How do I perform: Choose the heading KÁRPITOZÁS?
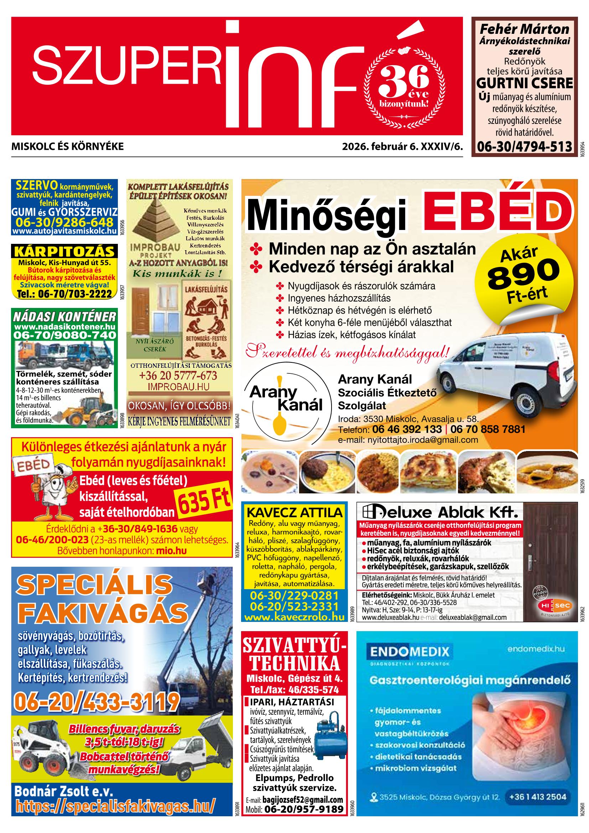click(64, 251)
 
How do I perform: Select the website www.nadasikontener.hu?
click(64, 326)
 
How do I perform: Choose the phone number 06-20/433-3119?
click(97, 700)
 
